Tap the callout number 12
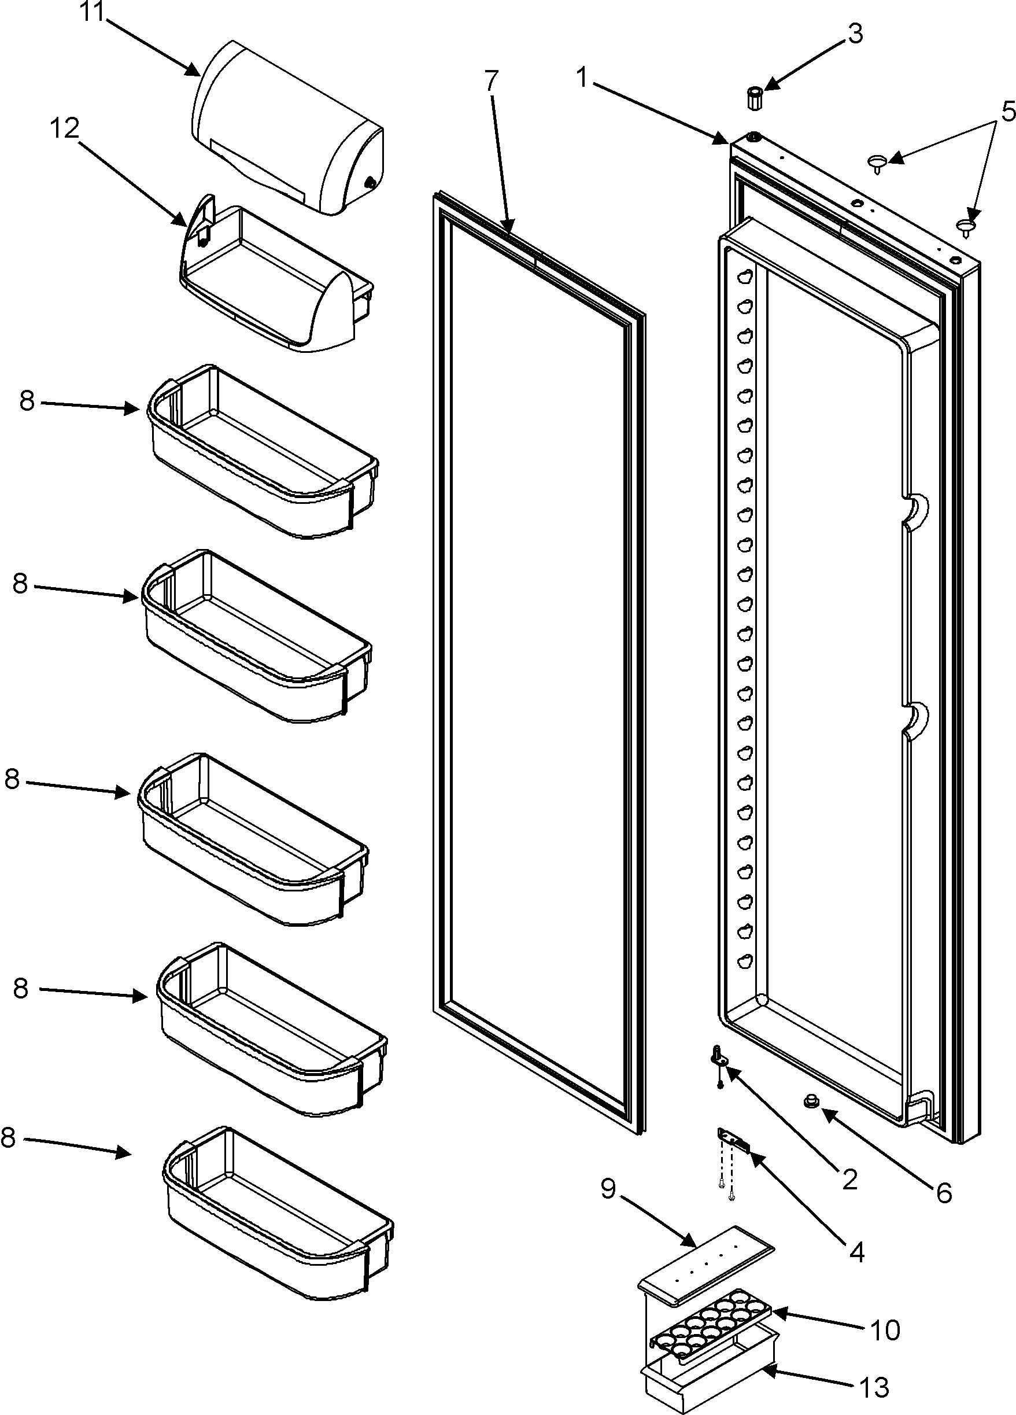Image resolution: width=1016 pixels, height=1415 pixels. coord(65,128)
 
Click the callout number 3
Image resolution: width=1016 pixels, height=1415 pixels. coord(855,34)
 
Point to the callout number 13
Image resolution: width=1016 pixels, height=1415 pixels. coord(874,1388)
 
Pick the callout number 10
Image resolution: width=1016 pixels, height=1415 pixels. coord(884,1329)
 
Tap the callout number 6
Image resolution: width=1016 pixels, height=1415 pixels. coord(944,1193)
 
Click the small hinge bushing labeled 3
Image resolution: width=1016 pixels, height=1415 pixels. coord(755,98)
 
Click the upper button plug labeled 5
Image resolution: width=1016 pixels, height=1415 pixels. coord(877,164)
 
